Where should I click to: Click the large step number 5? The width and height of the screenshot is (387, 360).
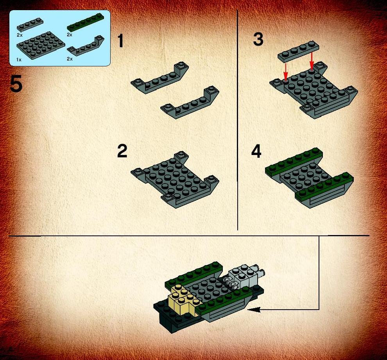(x=16, y=84)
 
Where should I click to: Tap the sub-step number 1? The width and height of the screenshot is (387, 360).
(x=120, y=41)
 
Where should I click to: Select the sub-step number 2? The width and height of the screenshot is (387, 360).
(x=122, y=151)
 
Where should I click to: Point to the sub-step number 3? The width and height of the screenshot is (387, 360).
(x=258, y=39)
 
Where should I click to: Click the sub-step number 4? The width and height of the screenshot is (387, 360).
(x=256, y=151)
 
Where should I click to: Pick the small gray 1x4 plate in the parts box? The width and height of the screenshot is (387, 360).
(x=30, y=25)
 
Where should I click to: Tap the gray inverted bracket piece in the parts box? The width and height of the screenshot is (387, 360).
(x=86, y=46)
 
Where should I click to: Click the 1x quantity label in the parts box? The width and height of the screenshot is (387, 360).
(x=19, y=60)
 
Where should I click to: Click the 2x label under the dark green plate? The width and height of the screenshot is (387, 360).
(x=69, y=35)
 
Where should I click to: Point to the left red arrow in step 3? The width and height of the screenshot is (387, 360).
(x=286, y=71)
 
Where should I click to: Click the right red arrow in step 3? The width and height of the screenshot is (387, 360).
(x=312, y=61)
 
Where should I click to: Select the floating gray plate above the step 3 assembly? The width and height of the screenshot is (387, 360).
(x=298, y=51)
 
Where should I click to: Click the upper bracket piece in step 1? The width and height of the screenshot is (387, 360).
(x=160, y=77)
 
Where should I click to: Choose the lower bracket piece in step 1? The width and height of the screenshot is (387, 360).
(x=190, y=102)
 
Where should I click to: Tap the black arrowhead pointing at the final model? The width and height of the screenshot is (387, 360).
(x=253, y=310)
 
